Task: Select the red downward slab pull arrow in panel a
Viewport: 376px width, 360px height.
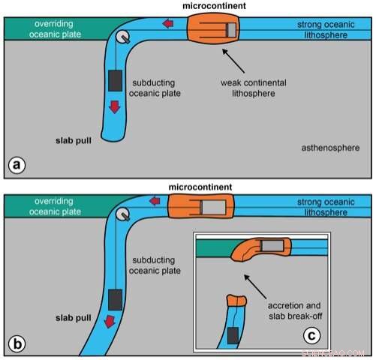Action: (x=114, y=107)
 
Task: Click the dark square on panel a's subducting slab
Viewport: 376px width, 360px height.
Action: (x=115, y=79)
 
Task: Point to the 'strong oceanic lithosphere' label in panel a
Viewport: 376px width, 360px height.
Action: (x=330, y=29)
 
